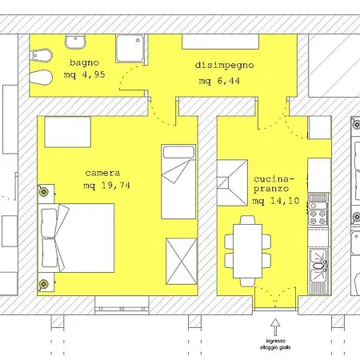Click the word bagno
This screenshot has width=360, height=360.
(x=84, y=62)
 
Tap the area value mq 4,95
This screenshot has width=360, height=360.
(x=84, y=74)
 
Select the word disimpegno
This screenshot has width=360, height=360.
(x=224, y=66)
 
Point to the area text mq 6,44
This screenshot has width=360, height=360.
(x=219, y=81)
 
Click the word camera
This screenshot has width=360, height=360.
(x=102, y=173)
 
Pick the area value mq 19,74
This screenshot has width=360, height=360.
(x=106, y=185)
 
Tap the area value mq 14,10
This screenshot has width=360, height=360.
(x=276, y=201)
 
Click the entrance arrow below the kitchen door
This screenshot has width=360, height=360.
(x=275, y=327)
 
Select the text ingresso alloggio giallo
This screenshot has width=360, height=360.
(x=275, y=344)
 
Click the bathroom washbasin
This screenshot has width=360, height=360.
(x=75, y=42)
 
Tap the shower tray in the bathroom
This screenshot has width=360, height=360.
(x=130, y=48)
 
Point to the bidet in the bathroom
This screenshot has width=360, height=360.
(x=41, y=56)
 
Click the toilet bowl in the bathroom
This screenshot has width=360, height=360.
(x=41, y=78)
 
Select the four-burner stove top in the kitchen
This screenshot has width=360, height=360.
(x=318, y=214)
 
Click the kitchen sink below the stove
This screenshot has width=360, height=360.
(x=318, y=266)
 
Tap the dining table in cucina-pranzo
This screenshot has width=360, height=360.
(x=248, y=251)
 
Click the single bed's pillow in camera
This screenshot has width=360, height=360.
(x=178, y=152)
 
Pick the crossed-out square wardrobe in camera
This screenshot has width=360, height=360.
(x=182, y=262)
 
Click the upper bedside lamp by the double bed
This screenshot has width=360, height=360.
(x=44, y=191)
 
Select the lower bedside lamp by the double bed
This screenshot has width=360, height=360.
(x=44, y=284)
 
